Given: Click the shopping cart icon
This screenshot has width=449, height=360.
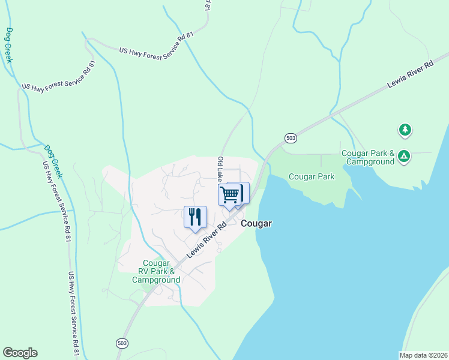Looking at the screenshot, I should click(x=229, y=195).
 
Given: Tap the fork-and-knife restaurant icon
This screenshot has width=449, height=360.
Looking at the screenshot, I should click(x=194, y=217).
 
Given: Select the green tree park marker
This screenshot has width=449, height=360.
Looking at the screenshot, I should click(x=405, y=130).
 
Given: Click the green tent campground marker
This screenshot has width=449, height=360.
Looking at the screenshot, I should click(x=405, y=157).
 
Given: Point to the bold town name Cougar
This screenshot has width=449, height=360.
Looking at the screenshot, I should click(x=256, y=223).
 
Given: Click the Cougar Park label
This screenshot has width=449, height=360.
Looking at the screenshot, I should click(x=312, y=176).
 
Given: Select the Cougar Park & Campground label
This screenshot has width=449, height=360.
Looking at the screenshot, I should click(x=368, y=157).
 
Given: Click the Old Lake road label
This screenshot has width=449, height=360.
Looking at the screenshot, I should click(x=220, y=170).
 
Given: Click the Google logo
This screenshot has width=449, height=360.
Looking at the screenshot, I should click(x=20, y=353).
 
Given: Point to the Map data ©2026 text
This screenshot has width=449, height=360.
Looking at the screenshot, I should click(x=424, y=355).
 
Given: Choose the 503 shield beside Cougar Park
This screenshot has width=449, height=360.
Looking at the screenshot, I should click(x=291, y=137).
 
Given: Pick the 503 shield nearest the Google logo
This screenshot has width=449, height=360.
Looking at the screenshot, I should click(x=122, y=343).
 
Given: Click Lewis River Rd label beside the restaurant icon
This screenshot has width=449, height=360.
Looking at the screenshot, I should click(x=205, y=241).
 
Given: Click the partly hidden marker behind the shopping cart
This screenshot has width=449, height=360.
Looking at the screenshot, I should click(x=243, y=192).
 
